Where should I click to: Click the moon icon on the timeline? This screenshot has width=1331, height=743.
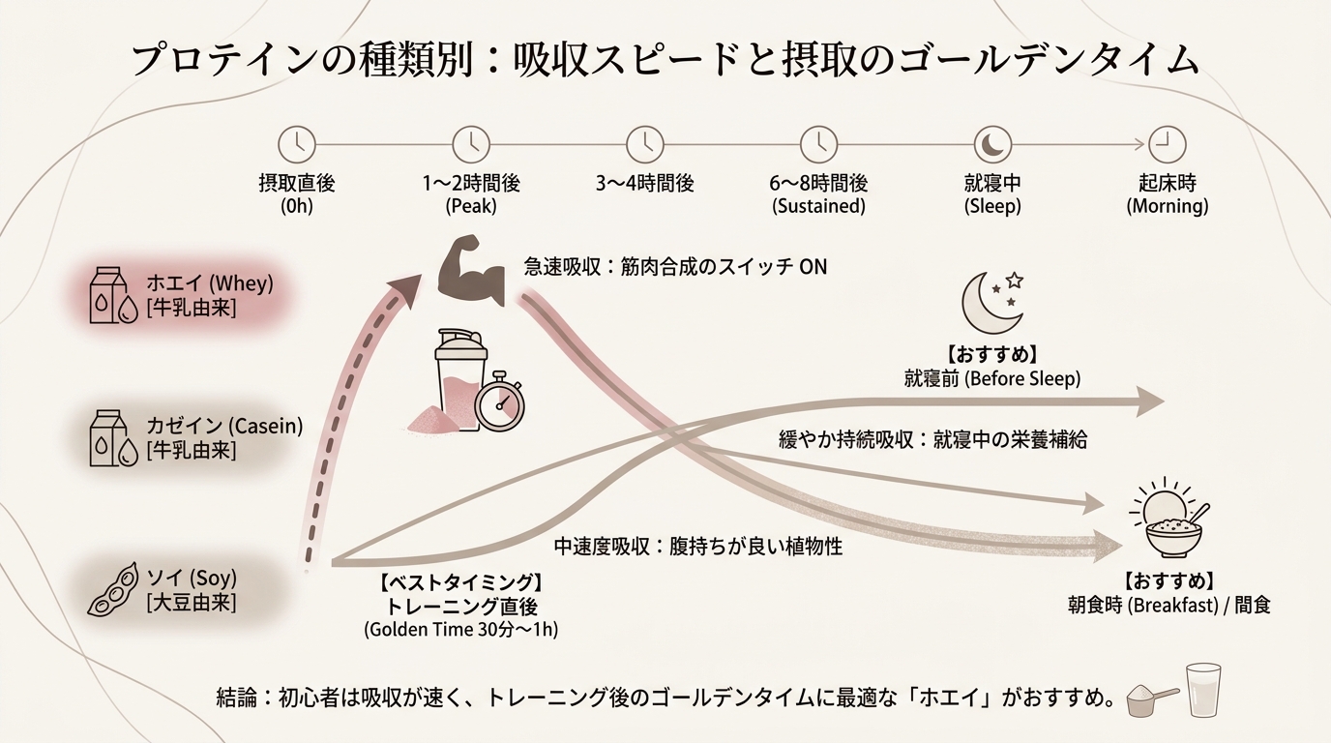tap(992, 144)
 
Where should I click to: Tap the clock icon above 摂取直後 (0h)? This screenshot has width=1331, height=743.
tap(297, 144)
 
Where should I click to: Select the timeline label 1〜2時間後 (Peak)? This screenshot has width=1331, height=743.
tap(471, 193)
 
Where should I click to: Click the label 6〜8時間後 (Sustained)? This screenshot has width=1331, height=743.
tap(818, 193)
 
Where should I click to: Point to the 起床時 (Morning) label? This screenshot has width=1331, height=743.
tap(1167, 193)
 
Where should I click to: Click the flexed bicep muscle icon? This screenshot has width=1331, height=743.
tap(472, 271)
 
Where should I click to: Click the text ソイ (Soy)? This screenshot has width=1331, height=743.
tap(192, 579)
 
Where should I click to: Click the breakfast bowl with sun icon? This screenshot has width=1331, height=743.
tap(1168, 523)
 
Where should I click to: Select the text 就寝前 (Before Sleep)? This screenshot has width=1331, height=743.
tap(991, 378)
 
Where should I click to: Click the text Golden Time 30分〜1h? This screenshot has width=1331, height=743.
tap(460, 630)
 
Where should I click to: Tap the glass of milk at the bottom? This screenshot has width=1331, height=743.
tap(1204, 690)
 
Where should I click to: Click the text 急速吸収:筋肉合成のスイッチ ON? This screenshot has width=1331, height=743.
tap(675, 266)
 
